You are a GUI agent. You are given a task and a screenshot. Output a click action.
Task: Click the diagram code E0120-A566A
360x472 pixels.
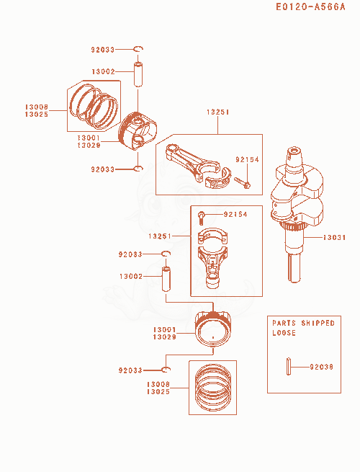310,6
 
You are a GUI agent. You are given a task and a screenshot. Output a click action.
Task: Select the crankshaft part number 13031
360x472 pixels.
334,238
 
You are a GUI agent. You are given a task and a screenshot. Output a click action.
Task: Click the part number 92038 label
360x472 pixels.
321,367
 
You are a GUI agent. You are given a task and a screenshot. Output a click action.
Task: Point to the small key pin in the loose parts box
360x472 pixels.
289,366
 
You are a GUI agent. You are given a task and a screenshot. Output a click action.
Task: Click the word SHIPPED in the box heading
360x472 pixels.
318,323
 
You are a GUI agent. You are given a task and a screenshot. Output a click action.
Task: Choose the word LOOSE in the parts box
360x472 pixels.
284,333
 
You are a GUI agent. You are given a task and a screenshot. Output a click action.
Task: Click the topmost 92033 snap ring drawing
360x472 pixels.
138,49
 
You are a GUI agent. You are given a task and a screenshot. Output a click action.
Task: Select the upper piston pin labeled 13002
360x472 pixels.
138,74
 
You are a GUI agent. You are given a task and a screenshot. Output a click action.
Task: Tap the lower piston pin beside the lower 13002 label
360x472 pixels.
166,279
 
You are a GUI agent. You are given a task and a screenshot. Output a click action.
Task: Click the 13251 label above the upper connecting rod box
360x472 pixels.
217,112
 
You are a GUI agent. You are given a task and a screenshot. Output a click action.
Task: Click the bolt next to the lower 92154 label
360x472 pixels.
201,218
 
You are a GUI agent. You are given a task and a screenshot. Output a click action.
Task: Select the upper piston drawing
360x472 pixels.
138,131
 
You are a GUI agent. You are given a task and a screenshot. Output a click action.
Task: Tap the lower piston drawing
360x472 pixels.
213,329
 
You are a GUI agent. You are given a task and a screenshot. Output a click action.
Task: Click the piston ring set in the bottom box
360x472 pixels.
213,387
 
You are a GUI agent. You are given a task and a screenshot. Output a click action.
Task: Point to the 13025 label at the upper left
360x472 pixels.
37,115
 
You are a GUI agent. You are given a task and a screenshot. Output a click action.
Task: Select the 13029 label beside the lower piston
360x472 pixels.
164,337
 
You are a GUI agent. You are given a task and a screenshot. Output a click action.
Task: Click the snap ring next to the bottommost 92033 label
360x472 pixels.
166,370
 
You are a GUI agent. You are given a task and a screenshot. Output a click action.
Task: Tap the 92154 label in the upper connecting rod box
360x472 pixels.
247,159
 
